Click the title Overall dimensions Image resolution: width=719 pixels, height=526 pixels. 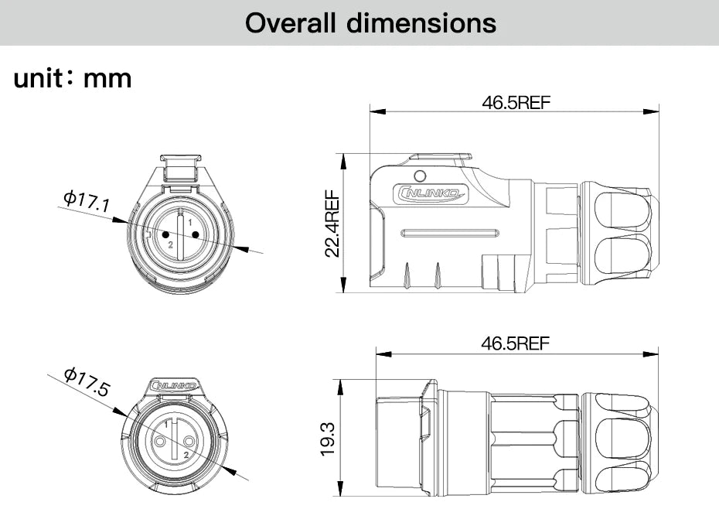(370, 22)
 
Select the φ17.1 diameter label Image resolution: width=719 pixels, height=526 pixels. (86, 202)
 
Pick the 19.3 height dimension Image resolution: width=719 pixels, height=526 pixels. (327, 439)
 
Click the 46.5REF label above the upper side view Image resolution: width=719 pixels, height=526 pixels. (516, 103)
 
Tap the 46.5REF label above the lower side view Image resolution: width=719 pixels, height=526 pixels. (516, 343)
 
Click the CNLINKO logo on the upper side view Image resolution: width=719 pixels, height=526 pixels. (431, 194)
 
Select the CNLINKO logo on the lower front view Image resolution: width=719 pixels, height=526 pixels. (175, 385)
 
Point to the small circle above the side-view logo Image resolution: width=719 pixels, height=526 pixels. (421, 175)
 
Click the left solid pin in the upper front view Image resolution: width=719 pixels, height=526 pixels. (165, 234)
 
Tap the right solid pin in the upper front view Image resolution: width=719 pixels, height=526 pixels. (195, 234)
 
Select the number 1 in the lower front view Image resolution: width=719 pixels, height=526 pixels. (165, 426)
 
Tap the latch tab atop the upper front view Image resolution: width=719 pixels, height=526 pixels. (180, 165)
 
